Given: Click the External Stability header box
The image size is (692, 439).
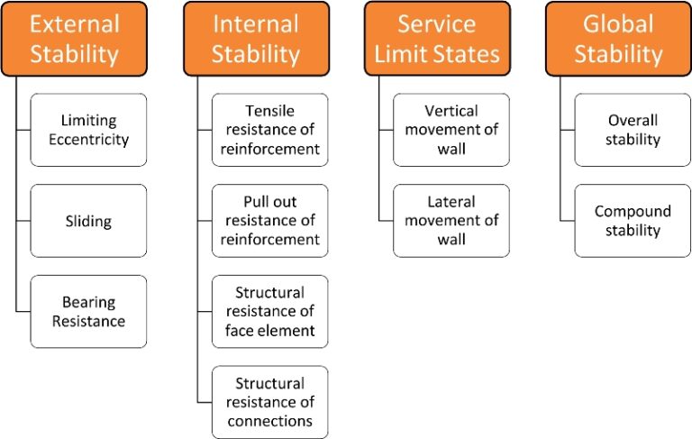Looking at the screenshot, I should [74, 38].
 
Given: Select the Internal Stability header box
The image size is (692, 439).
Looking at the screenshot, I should [256, 38].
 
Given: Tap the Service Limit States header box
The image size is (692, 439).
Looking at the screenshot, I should [437, 38].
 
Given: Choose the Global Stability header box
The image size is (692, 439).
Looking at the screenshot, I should [618, 38].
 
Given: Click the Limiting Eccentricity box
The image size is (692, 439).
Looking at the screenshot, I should [88, 130].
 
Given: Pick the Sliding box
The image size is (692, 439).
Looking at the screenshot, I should [88, 221].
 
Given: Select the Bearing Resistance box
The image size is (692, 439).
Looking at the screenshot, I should [88, 312].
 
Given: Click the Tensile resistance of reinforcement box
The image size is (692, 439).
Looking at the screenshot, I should [270, 130].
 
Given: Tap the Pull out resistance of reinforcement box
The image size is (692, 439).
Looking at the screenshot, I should [270, 221].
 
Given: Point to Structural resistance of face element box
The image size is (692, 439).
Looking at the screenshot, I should [270, 312].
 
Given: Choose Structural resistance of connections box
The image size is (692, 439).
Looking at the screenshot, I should [270, 402].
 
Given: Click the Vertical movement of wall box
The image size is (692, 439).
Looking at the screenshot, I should [451, 130].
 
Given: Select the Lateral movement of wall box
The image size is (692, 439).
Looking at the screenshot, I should [451, 221].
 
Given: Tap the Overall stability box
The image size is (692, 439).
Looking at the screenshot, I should [633, 130].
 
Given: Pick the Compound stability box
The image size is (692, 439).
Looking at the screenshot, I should [633, 221].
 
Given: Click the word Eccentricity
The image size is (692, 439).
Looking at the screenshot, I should [88, 140].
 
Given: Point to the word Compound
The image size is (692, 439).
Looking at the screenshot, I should [633, 212].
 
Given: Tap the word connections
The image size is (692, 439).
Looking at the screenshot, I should [270, 421].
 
